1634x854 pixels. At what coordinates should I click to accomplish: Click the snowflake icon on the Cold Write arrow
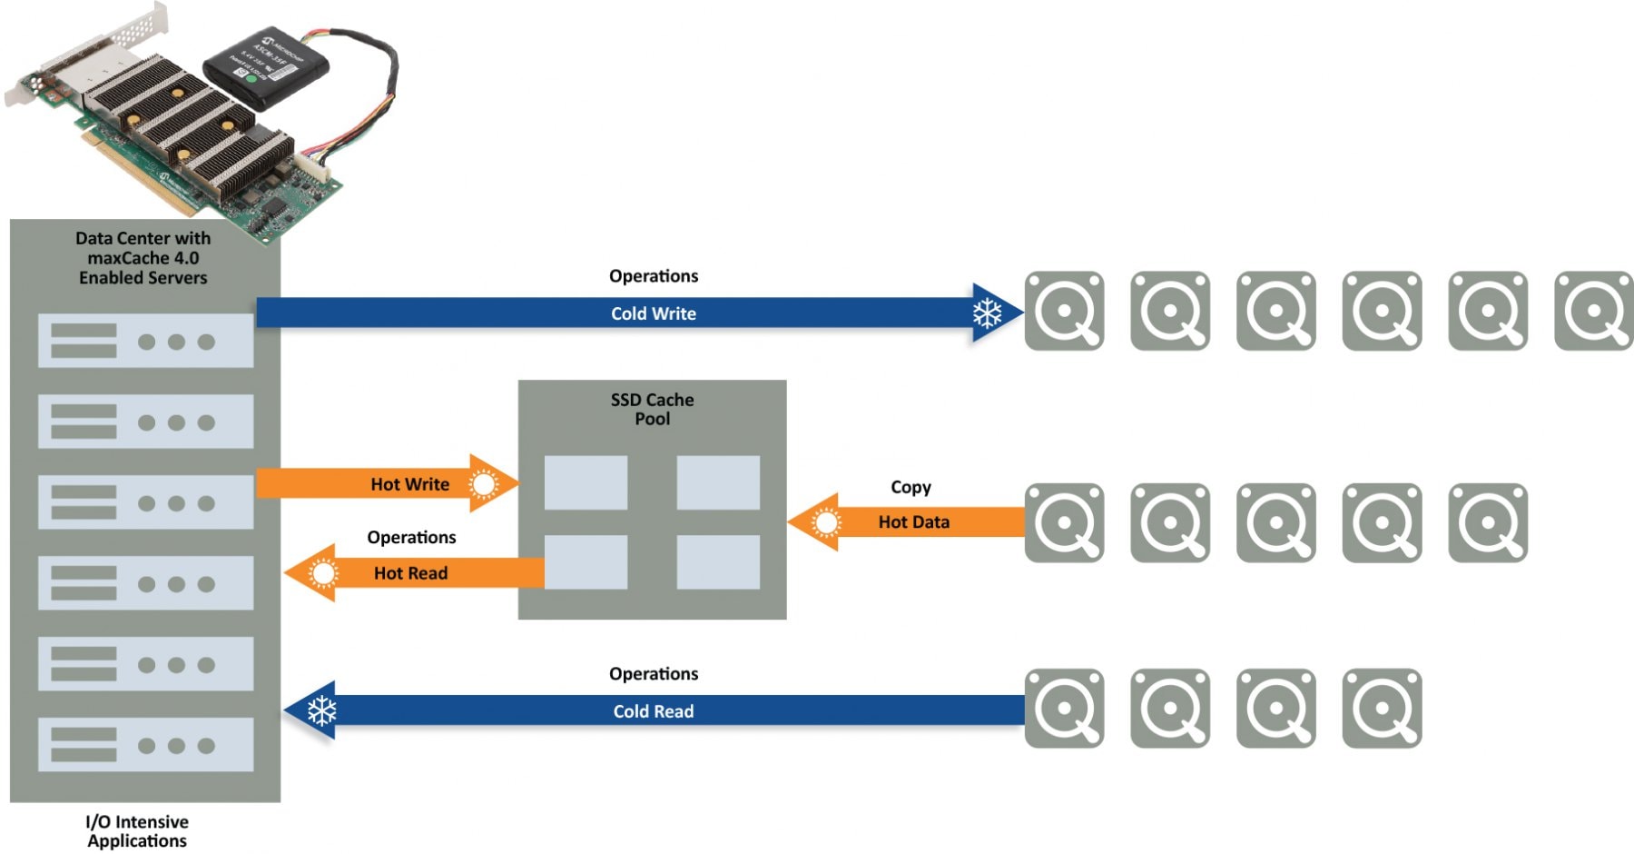pos(987,313)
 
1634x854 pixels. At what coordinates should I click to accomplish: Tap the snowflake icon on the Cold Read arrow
pos(321,710)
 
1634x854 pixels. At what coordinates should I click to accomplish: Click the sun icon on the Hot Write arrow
pos(484,484)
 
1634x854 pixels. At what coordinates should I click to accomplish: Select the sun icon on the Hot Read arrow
pos(322,573)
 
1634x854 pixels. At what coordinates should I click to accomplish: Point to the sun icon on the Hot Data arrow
pos(826,522)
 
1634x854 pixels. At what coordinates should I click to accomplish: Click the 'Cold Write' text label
pos(653,313)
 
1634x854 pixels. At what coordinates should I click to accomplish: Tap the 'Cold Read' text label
pos(653,711)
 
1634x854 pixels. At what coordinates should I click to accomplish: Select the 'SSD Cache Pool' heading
pos(652,409)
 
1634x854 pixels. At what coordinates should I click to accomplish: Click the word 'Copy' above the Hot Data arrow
pos(911,487)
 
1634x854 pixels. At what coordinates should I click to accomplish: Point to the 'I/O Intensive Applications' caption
pos(137,831)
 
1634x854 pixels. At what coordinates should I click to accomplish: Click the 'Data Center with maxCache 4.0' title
pos(143,258)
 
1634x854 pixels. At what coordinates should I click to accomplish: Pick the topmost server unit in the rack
pos(145,341)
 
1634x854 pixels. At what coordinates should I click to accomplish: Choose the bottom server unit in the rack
pos(145,745)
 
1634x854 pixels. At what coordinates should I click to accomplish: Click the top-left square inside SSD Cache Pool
pos(586,482)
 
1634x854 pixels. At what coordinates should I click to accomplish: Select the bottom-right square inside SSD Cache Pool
pos(718,561)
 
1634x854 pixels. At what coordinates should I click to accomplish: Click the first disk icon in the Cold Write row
pos(1064,311)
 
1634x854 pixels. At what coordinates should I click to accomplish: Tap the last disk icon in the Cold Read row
pos(1382,709)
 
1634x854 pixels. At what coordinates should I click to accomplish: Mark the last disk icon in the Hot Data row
pos(1488,522)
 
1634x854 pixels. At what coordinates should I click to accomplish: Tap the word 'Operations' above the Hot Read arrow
pos(411,537)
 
